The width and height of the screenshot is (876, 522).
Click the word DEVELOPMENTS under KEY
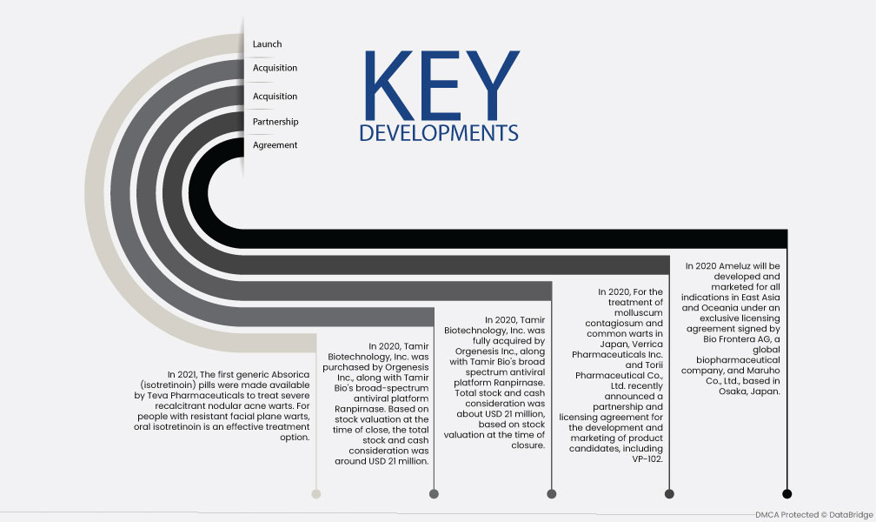click(439, 133)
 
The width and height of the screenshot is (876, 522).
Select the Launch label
click(267, 43)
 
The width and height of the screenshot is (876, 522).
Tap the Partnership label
click(275, 122)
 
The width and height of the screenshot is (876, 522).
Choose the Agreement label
click(275, 145)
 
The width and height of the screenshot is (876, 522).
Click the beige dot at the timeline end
click(316, 493)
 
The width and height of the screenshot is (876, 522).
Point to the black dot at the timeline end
click(787, 493)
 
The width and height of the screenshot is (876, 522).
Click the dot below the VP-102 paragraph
click(669, 493)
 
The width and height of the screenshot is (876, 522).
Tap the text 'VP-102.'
click(647, 458)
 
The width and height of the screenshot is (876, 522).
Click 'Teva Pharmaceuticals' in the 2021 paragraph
click(201, 396)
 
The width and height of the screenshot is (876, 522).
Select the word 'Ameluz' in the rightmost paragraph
click(735, 266)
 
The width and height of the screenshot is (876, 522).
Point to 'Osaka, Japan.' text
click(749, 391)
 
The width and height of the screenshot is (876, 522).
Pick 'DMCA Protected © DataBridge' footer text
click(814, 515)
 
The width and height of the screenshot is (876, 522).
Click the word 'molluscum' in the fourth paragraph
click(639, 312)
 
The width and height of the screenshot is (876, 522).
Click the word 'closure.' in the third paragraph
click(528, 445)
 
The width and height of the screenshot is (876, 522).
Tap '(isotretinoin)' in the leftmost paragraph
click(169, 385)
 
